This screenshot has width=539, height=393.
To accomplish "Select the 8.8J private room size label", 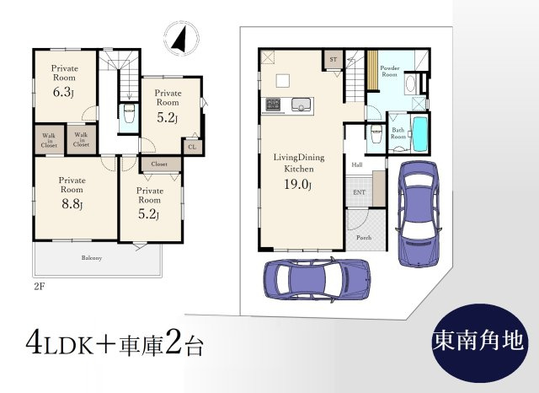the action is click(72, 204).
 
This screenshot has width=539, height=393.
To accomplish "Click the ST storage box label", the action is click(334, 60).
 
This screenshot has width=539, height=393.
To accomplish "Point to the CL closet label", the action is click(192, 147).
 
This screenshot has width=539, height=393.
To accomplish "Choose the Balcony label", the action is click(92, 258).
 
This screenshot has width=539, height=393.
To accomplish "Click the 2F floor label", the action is click(40, 287).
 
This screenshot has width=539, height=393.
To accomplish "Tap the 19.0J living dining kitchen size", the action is click(297, 185).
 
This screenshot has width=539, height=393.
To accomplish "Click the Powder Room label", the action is click(389, 71).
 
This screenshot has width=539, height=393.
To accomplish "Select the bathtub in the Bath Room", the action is click(419, 134).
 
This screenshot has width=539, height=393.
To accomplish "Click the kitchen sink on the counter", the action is click(302, 105).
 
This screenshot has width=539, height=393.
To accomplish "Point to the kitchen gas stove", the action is click(273, 105).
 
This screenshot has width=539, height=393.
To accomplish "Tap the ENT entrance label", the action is click(359, 192).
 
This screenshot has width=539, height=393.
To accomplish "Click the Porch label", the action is click(364, 238).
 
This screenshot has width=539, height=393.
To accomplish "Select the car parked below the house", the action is click(317, 280).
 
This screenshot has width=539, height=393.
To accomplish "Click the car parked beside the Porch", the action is click(419, 213).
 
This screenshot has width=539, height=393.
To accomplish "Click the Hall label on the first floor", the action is click(357, 164).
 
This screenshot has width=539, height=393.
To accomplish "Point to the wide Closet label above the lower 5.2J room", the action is click(159, 164).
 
